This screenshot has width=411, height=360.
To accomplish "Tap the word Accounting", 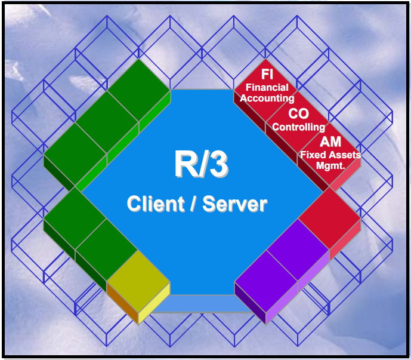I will [267, 98].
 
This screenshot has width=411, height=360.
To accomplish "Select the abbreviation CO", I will [298, 113].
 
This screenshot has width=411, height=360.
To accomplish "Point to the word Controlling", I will [298, 127].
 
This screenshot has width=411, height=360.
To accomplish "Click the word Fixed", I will [311, 155].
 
